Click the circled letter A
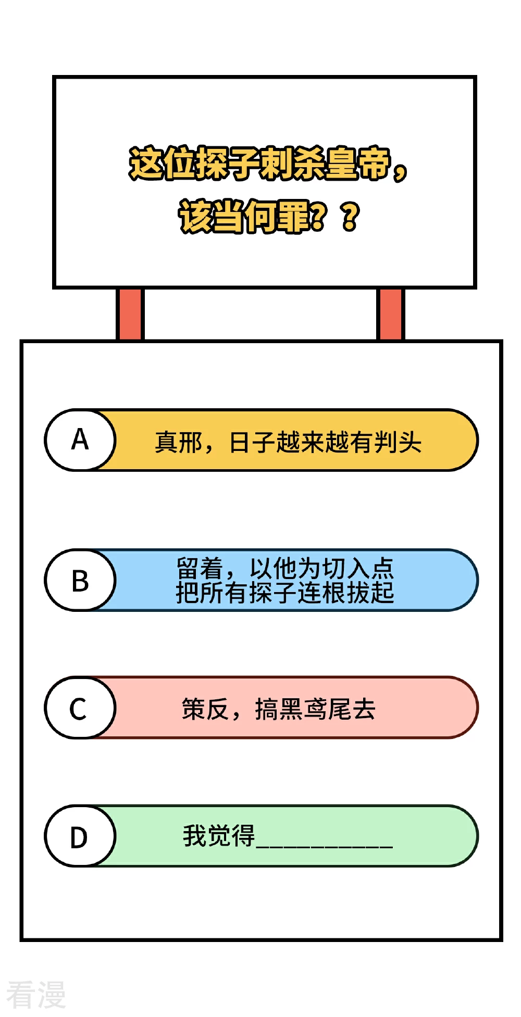click(80, 440)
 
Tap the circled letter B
click(80, 580)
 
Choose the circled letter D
click(79, 836)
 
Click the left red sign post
click(130, 314)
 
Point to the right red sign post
click(390, 314)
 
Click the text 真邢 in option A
click(178, 443)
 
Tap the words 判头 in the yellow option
click(398, 443)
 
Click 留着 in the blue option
click(200, 568)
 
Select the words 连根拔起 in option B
click(346, 593)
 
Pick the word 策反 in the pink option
click(205, 709)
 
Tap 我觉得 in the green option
click(219, 836)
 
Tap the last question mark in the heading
click(350, 216)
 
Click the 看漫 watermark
click(36, 995)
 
